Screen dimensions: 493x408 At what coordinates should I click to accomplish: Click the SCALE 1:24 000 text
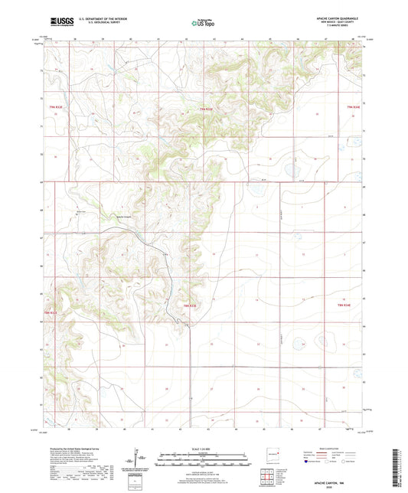pyautogui.click(x=203, y=448)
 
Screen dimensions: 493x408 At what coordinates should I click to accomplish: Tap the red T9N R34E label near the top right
pyautogui.click(x=352, y=106)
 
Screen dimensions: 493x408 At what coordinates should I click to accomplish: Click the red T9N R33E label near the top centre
pyautogui.click(x=205, y=109)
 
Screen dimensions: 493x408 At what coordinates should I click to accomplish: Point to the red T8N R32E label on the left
pyautogui.click(x=51, y=312)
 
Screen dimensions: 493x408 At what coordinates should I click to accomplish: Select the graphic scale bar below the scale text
pyautogui.click(x=203, y=460)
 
